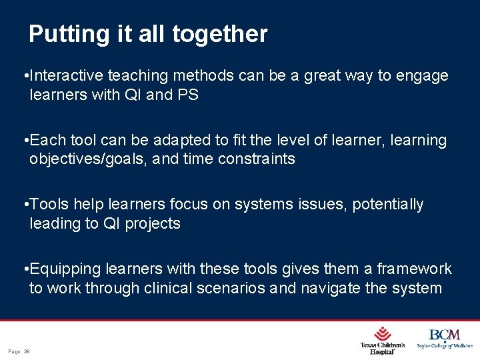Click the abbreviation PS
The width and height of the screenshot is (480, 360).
188,95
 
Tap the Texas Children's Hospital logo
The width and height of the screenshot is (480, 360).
383,340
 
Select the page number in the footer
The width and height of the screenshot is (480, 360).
20,351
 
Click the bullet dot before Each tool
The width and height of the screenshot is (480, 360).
25,141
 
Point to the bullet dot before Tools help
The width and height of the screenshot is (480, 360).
25,205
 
